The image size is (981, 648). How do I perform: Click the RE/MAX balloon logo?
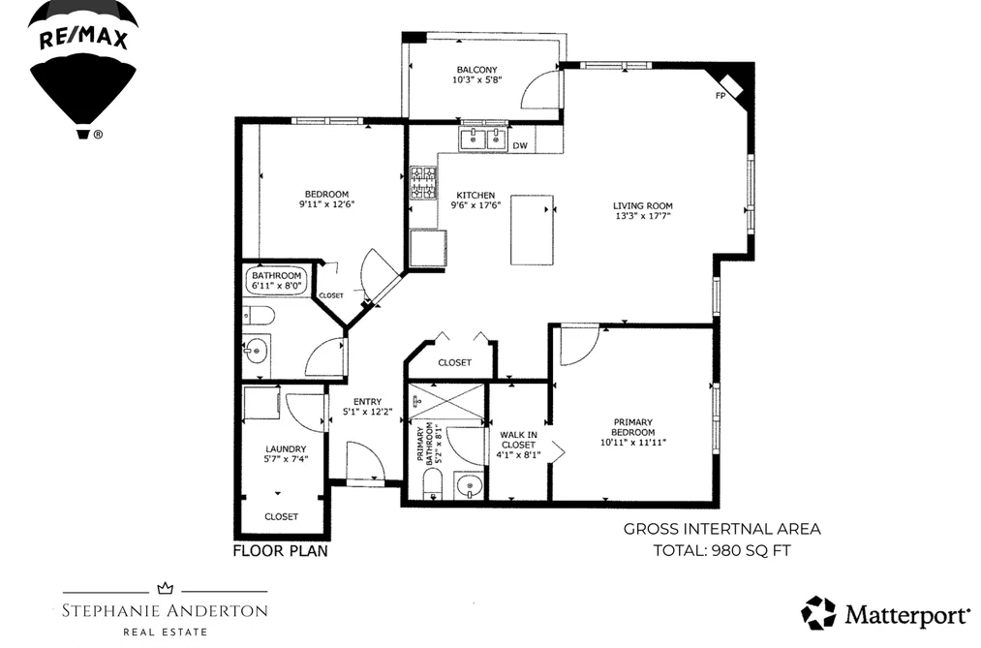[82, 69]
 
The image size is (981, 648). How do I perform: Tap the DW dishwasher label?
[520, 145]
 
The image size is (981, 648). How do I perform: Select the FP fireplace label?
[720, 96]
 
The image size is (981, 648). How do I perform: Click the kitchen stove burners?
[423, 183]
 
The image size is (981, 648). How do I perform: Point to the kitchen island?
[532, 230]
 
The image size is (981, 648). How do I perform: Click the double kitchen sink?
[483, 139]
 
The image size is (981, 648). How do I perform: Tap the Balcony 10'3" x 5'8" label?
[476, 75]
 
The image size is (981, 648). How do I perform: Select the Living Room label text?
[642, 205]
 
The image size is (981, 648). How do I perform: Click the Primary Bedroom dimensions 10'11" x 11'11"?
[632, 443]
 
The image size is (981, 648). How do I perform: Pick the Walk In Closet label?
[518, 440]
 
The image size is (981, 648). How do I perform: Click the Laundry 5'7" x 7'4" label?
[286, 453]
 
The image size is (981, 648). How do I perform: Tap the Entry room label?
[367, 402]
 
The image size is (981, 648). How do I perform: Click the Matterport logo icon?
[818, 613]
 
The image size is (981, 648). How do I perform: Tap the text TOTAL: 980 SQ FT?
[722, 550]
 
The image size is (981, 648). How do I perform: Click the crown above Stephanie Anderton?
[166, 588]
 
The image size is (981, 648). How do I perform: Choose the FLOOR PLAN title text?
[280, 551]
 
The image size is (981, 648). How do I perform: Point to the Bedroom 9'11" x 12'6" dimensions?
[326, 204]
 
